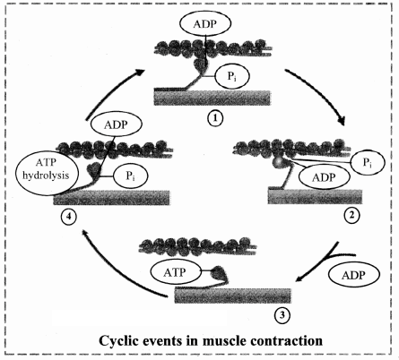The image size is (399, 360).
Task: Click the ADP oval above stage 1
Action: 205,24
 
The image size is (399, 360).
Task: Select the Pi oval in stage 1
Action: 232,76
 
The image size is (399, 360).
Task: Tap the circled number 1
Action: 215,118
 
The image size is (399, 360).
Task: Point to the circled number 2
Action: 352,215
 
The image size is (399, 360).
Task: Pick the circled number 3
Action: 282,315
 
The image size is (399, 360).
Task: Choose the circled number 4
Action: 68,216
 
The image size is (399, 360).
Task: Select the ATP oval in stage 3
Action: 175,272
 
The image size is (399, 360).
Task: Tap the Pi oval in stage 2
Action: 368,163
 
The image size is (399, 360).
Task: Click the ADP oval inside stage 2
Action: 324,177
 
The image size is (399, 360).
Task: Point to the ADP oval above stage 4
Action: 116,125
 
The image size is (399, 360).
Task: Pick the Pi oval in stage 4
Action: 131,176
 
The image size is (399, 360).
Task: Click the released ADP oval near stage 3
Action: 354,275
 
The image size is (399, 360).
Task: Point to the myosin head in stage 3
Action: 219,272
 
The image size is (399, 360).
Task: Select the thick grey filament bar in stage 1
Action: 213,98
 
